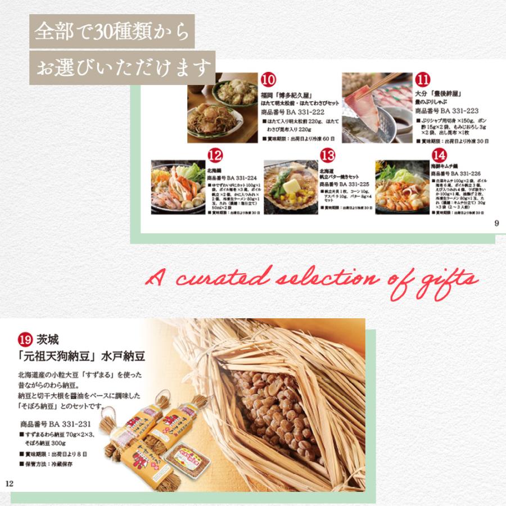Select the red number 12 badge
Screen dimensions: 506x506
[x=215, y=155]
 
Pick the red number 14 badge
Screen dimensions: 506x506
[x=439, y=155]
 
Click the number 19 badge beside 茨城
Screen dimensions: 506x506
[x=24, y=340]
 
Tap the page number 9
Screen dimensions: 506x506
[x=496, y=223]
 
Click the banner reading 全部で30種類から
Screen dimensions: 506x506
[x=111, y=31]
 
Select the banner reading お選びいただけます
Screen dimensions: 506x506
[x=122, y=68]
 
